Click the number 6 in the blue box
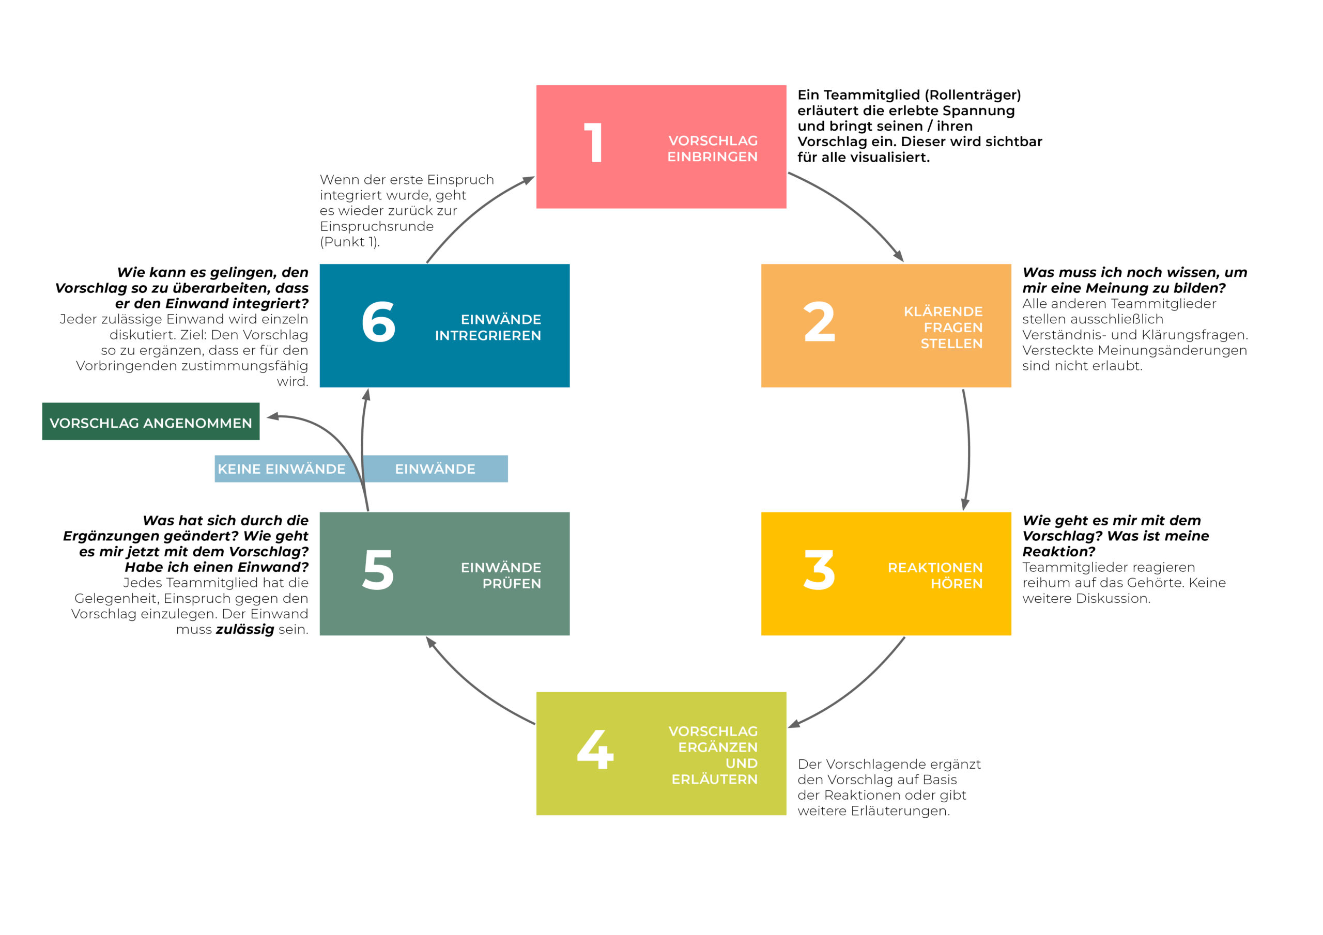tap(379, 321)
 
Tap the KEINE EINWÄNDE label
tap(281, 469)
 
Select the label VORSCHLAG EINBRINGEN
tap(713, 149)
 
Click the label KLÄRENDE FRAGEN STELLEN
tap(943, 327)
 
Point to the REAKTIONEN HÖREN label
tap(935, 575)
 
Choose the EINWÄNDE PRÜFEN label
tap(501, 575)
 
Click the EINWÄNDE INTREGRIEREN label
tap(488, 327)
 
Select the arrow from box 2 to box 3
tap(968, 450)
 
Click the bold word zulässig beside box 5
tap(245, 630)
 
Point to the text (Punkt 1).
tap(350, 242)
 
